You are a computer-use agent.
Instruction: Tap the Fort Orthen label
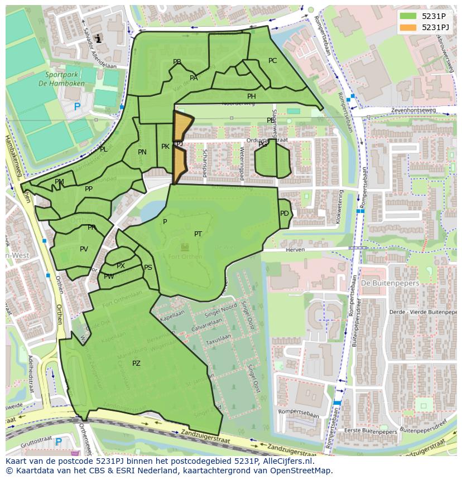(x=184, y=256)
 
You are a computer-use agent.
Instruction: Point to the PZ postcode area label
(x=136, y=363)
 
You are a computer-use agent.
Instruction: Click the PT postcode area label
(x=198, y=234)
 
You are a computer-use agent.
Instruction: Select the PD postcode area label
(x=285, y=214)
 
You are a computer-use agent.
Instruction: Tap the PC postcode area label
(x=272, y=61)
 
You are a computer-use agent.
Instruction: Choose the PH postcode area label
(x=252, y=96)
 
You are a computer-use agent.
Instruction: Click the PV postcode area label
(x=84, y=249)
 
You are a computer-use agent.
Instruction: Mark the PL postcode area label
(x=103, y=149)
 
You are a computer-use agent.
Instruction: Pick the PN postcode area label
(x=142, y=152)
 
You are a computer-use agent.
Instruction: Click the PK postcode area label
(x=165, y=147)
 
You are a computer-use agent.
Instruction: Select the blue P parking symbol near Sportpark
(x=77, y=106)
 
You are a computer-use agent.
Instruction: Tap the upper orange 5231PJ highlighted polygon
(x=181, y=125)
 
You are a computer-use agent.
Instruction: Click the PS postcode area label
(x=148, y=268)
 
